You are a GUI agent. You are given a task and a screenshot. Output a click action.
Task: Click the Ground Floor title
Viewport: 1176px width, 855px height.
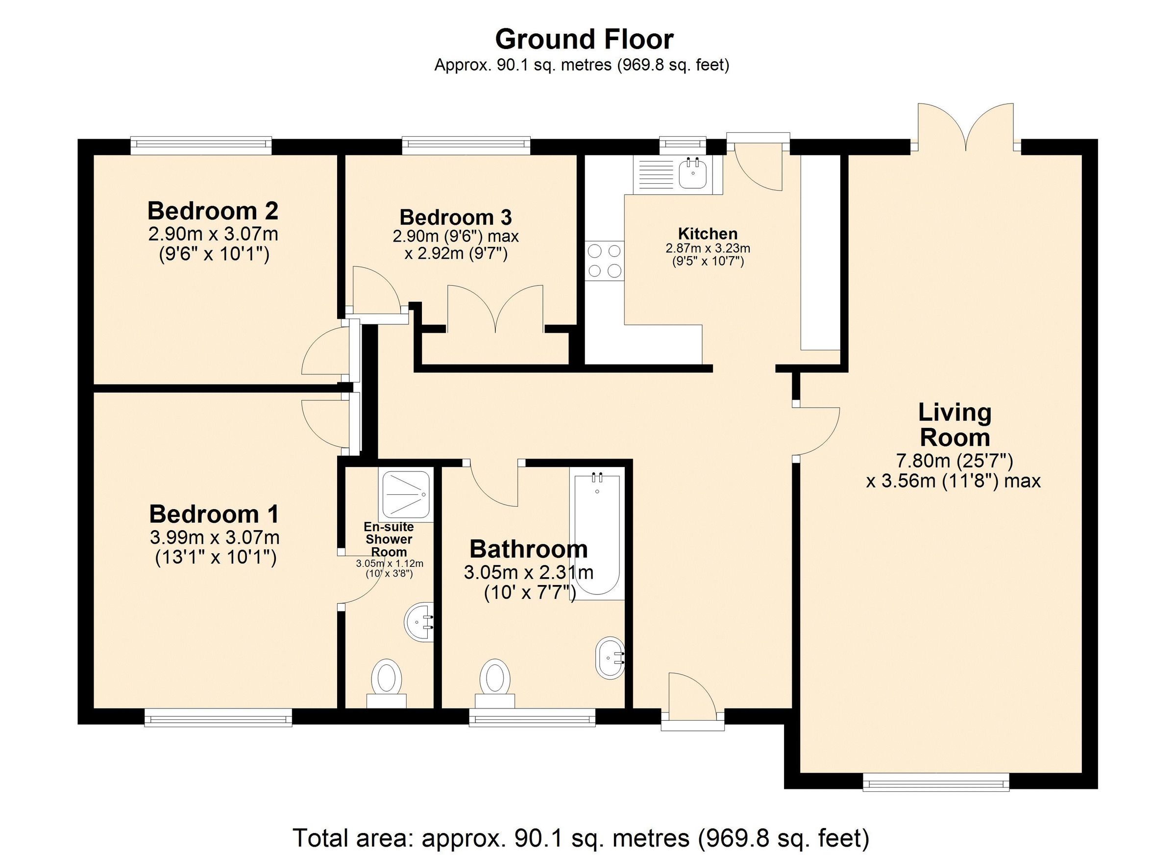(584, 39)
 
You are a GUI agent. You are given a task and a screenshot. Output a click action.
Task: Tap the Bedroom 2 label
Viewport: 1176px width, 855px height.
(213, 211)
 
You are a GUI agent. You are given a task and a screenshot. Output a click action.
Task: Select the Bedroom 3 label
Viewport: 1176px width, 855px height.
(456, 217)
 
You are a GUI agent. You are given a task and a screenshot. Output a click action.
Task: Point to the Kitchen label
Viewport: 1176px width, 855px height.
(708, 233)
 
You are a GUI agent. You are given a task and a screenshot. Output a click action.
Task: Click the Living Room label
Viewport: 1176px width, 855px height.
(955, 425)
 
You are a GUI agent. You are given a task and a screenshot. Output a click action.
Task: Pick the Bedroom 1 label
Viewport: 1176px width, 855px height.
(214, 514)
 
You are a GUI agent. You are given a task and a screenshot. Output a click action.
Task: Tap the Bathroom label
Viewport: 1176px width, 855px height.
(528, 549)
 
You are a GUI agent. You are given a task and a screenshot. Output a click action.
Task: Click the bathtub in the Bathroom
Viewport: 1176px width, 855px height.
(597, 534)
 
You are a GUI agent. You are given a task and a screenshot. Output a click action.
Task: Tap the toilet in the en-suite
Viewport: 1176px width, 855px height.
(387, 683)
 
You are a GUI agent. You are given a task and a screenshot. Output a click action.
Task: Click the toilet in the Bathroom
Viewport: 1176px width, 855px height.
(495, 683)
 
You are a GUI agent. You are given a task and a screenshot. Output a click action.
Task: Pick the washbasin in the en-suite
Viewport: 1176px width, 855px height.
(419, 622)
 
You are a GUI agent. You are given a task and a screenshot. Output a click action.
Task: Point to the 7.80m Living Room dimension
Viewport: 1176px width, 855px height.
(955, 460)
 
